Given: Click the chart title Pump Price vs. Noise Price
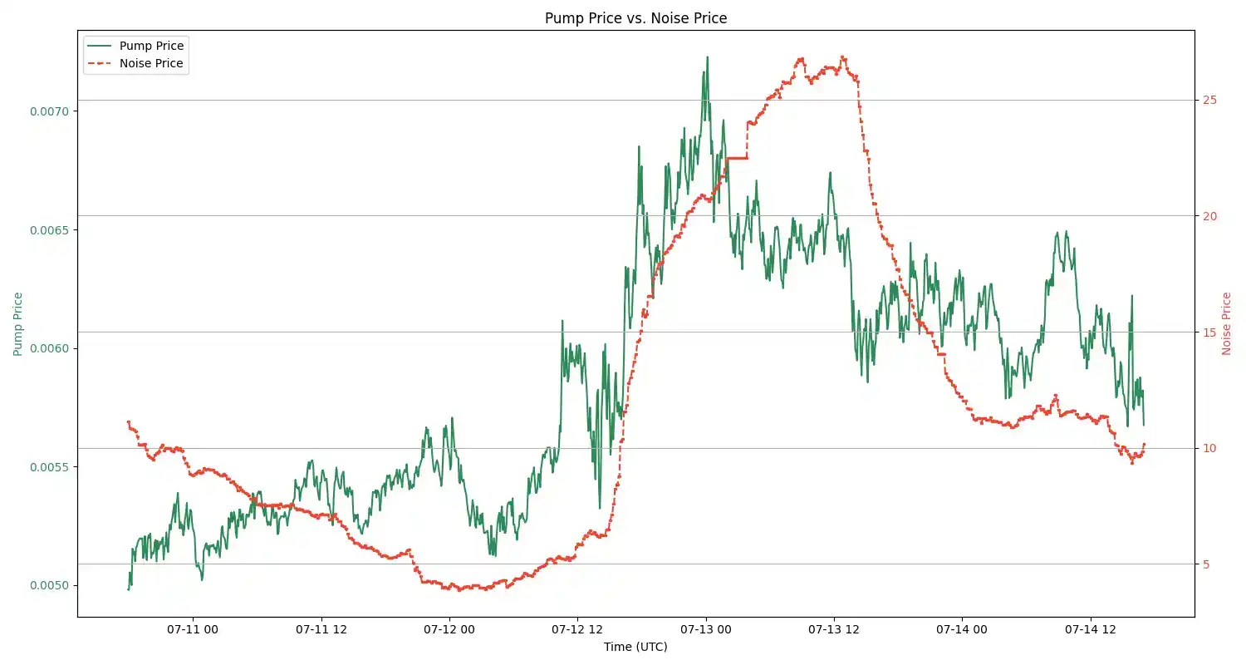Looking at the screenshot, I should coord(635,18).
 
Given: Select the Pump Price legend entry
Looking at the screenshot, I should coord(151,46).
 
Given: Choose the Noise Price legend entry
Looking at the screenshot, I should coord(151,63).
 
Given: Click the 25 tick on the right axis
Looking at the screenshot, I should coord(1209,100).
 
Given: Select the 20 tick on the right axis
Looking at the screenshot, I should coord(1209,216).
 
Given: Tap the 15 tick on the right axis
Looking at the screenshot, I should coord(1209,332).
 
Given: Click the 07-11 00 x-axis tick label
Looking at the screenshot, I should coord(193,630).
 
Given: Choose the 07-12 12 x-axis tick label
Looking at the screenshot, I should coord(577,630).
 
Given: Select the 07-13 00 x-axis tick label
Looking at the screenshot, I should coord(705,630).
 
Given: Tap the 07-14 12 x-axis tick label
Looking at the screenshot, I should coord(1090,630).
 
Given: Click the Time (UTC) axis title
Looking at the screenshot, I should coord(635,647).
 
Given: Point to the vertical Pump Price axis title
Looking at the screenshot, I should coord(18,323).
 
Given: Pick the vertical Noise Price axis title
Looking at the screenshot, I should coord(1227,323).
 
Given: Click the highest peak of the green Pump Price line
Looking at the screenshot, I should coord(707,57).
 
